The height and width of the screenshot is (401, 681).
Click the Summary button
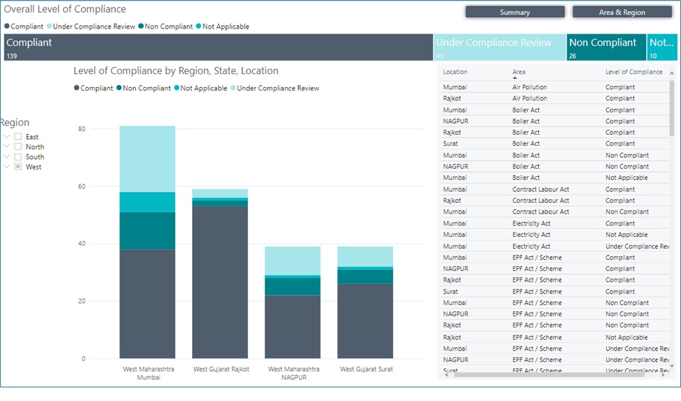[515, 12]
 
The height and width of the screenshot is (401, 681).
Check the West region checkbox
[18, 167]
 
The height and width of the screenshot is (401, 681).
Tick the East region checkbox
[18, 137]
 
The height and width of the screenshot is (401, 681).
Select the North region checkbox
[18, 147]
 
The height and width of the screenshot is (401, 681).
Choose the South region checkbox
[18, 157]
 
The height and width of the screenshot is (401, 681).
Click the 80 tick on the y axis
[82, 129]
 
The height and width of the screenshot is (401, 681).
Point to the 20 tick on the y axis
[82, 301]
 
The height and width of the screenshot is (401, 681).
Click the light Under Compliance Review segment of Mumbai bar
[147, 159]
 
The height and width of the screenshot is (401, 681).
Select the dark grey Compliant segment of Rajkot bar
[220, 282]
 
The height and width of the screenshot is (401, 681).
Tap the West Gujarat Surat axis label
[366, 369]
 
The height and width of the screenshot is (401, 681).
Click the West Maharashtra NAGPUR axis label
[293, 373]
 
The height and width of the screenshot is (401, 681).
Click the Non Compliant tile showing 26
[606, 48]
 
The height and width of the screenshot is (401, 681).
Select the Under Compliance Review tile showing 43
[500, 48]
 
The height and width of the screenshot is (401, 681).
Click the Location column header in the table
[455, 72]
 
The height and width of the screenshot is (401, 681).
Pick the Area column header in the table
[519, 72]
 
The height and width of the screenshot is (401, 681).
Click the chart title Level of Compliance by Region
[176, 71]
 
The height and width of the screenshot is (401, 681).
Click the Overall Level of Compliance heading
[65, 10]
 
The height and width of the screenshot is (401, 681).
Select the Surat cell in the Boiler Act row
[450, 144]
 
